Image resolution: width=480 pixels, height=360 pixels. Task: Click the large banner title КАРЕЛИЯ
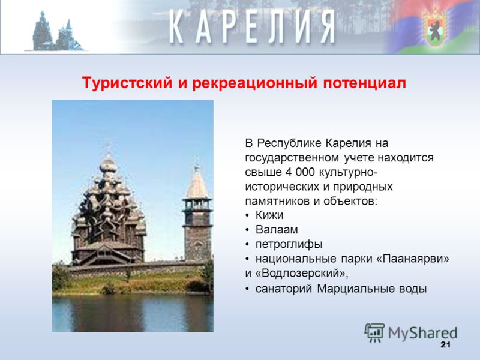251,26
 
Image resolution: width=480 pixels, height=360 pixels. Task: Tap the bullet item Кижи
269,215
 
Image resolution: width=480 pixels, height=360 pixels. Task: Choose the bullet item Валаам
277,230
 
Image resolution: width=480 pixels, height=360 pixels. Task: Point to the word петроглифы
289,245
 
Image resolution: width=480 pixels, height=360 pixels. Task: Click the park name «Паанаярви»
412,259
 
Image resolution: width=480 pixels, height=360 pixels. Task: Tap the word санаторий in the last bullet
284,289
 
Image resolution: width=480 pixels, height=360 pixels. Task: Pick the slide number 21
445,344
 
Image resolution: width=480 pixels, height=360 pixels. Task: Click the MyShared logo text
422,333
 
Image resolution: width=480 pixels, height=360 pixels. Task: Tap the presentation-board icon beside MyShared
374,333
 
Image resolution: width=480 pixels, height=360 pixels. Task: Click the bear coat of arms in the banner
434,28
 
